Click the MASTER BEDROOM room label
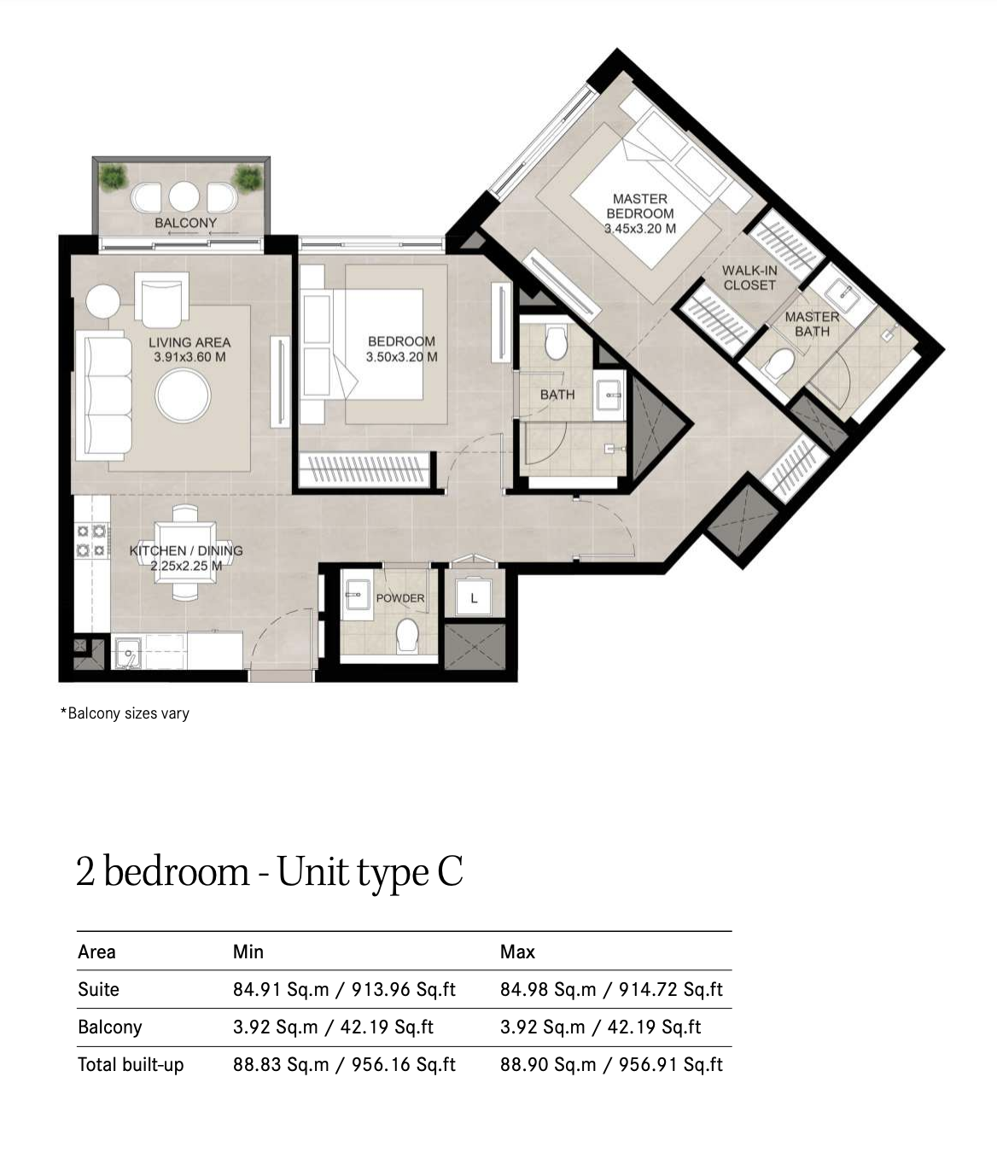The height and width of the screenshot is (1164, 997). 640,207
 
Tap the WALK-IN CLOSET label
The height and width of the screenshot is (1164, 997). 749,277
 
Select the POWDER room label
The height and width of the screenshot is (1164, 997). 400,598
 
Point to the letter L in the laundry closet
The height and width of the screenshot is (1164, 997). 474,598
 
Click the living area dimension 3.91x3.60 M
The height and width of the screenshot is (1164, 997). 189,357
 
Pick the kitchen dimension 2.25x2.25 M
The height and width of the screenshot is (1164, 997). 186,566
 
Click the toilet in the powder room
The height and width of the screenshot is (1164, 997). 406,636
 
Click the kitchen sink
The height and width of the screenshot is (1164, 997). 128,653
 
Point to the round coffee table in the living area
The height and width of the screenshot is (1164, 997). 183,395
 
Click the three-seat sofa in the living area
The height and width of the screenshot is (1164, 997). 104,395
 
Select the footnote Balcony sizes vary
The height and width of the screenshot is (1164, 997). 125,713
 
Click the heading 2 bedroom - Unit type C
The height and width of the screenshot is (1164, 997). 269,872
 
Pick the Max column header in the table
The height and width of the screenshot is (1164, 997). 517,952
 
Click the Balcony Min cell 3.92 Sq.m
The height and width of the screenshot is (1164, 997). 276,1027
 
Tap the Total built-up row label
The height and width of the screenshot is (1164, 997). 131,1065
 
